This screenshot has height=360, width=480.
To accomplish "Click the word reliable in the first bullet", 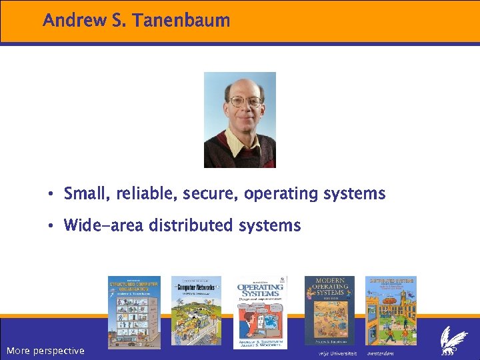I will pos(143,194).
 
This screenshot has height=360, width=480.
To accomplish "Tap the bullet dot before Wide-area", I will pos(51,226).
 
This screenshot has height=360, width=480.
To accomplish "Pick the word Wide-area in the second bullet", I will pos(103,226).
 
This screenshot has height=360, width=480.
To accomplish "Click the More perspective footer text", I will pos(45,351).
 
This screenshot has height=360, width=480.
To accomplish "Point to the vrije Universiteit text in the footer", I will pos(338,352).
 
